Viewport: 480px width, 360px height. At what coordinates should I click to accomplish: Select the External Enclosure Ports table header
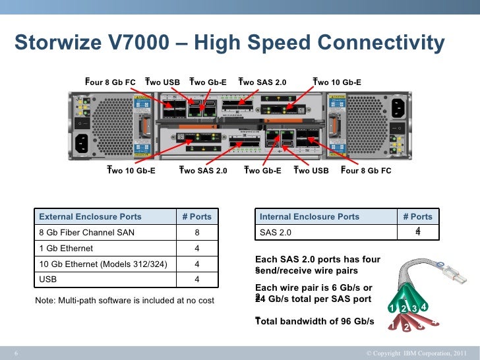tap(90, 216)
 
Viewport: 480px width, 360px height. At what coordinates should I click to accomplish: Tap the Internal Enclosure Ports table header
tap(310, 216)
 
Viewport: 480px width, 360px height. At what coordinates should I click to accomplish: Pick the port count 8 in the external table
tap(196, 233)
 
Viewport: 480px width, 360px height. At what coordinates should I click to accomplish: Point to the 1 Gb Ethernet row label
tap(67, 249)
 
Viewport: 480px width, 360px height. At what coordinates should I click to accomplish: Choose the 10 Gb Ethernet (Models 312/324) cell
tap(104, 265)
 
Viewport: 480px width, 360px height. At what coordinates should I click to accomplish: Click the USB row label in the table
tap(48, 281)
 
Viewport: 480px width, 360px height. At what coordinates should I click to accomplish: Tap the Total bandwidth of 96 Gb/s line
tap(315, 322)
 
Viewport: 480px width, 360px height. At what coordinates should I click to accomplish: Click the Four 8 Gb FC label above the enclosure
tap(110, 82)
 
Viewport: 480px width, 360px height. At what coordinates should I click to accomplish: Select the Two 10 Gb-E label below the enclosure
tap(131, 171)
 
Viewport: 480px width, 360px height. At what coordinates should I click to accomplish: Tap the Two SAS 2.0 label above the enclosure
tap(263, 82)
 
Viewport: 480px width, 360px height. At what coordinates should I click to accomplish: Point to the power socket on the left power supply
tap(82, 141)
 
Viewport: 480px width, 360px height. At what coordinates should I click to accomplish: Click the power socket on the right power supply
tap(398, 106)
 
